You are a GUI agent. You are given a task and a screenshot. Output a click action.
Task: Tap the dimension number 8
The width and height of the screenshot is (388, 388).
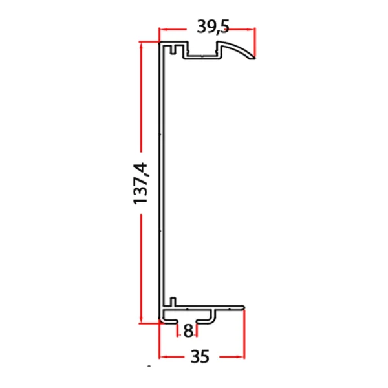188,331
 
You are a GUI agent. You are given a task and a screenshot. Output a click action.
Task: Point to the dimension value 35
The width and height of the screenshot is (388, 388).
200,356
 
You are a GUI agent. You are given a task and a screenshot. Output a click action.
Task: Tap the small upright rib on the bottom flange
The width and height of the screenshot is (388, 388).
173,301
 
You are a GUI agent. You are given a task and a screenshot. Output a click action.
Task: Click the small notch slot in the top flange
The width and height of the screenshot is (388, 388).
175,49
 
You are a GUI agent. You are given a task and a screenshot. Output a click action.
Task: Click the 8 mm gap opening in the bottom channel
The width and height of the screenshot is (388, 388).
188,320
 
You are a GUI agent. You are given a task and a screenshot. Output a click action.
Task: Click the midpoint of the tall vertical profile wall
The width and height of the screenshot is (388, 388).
163,184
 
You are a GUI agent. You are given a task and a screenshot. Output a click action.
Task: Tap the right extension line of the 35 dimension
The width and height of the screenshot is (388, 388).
244,336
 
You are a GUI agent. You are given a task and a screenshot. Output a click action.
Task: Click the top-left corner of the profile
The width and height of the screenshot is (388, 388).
162,44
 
